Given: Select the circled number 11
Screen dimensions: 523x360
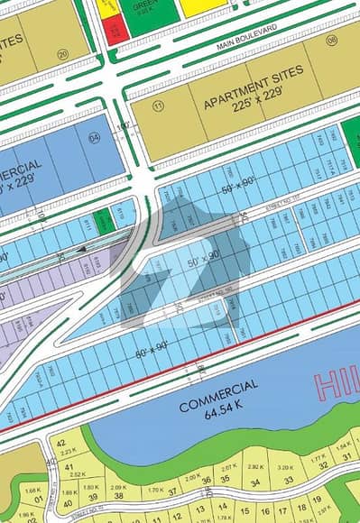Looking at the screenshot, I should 160,107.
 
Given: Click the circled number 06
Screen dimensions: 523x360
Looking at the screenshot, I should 331,40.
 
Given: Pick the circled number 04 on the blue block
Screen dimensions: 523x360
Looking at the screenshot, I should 94,138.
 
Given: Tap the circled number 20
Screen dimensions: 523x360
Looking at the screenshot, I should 62,53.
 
